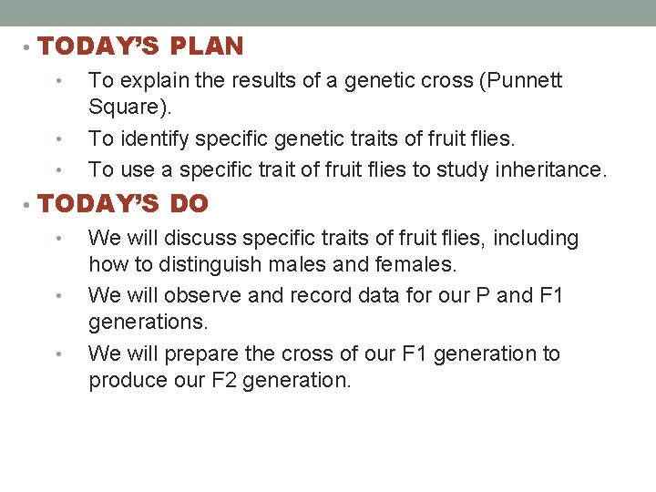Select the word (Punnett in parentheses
[x=522, y=80]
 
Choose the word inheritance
[x=554, y=169]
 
